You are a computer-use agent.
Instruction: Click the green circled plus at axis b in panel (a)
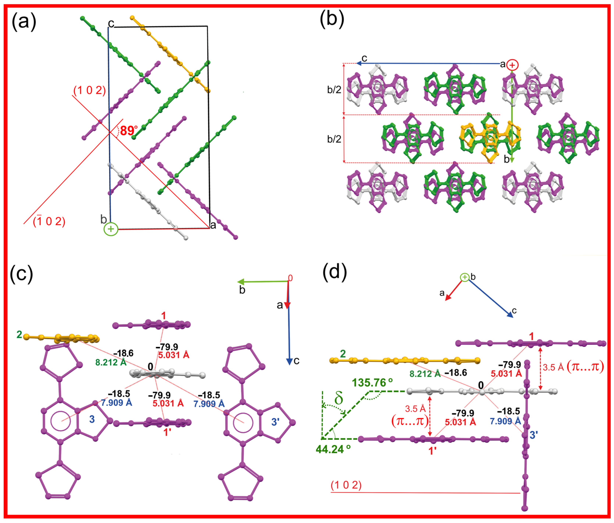(111, 229)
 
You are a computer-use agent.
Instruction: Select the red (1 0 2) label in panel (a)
(89, 90)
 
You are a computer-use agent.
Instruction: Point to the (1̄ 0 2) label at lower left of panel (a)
(49, 222)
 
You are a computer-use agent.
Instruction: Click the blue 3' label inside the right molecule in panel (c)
(275, 422)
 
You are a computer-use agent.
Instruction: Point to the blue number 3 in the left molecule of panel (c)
(92, 419)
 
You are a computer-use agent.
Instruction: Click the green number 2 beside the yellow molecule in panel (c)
(19, 335)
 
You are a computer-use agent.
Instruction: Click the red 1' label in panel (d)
(433, 451)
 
